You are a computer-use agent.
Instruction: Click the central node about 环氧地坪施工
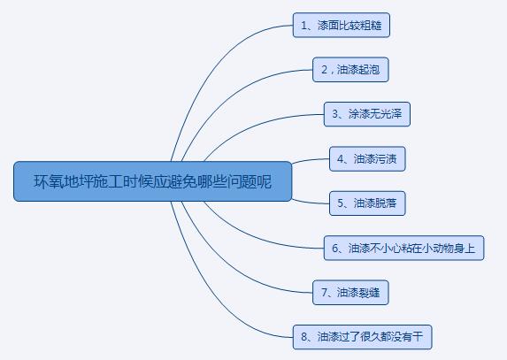pyautogui.click(x=152, y=181)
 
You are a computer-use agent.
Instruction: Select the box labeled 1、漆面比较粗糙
pyautogui.click(x=342, y=25)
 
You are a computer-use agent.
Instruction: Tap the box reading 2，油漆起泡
pyautogui.click(x=350, y=70)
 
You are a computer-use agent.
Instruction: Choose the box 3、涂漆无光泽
pyautogui.click(x=367, y=114)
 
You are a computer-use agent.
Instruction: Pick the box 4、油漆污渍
pyautogui.click(x=367, y=158)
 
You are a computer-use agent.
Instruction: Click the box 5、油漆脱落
pyautogui.click(x=367, y=203)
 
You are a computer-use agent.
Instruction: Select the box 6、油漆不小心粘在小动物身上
pyautogui.click(x=403, y=248)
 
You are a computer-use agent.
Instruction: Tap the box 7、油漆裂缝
pyautogui.click(x=350, y=293)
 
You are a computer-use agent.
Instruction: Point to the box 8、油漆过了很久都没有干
pyautogui.click(x=363, y=337)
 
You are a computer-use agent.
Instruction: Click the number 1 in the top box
pyautogui.click(x=304, y=26)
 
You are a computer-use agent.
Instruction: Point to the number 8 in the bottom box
pyautogui.click(x=304, y=337)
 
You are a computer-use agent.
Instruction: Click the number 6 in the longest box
pyautogui.click(x=335, y=249)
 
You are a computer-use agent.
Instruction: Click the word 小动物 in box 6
pyautogui.click(x=442, y=249)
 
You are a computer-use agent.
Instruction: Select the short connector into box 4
pyautogui.click(x=311, y=160)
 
